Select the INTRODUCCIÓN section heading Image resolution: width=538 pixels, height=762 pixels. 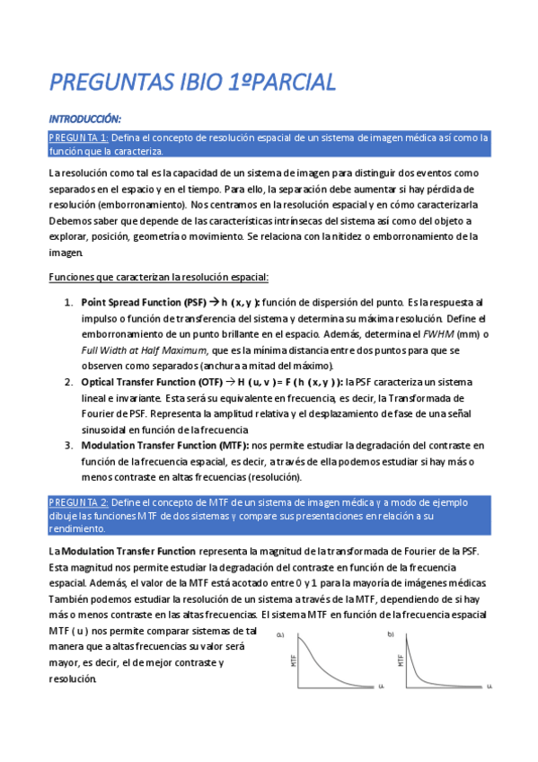[x=84, y=119]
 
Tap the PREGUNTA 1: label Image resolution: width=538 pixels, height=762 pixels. [x=78, y=137]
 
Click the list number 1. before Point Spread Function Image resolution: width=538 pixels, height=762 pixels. [x=68, y=303]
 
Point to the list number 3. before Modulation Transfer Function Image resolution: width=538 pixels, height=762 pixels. [x=68, y=445]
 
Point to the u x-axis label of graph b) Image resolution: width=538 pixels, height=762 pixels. [x=489, y=687]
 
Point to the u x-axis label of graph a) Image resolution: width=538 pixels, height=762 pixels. [x=380, y=687]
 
